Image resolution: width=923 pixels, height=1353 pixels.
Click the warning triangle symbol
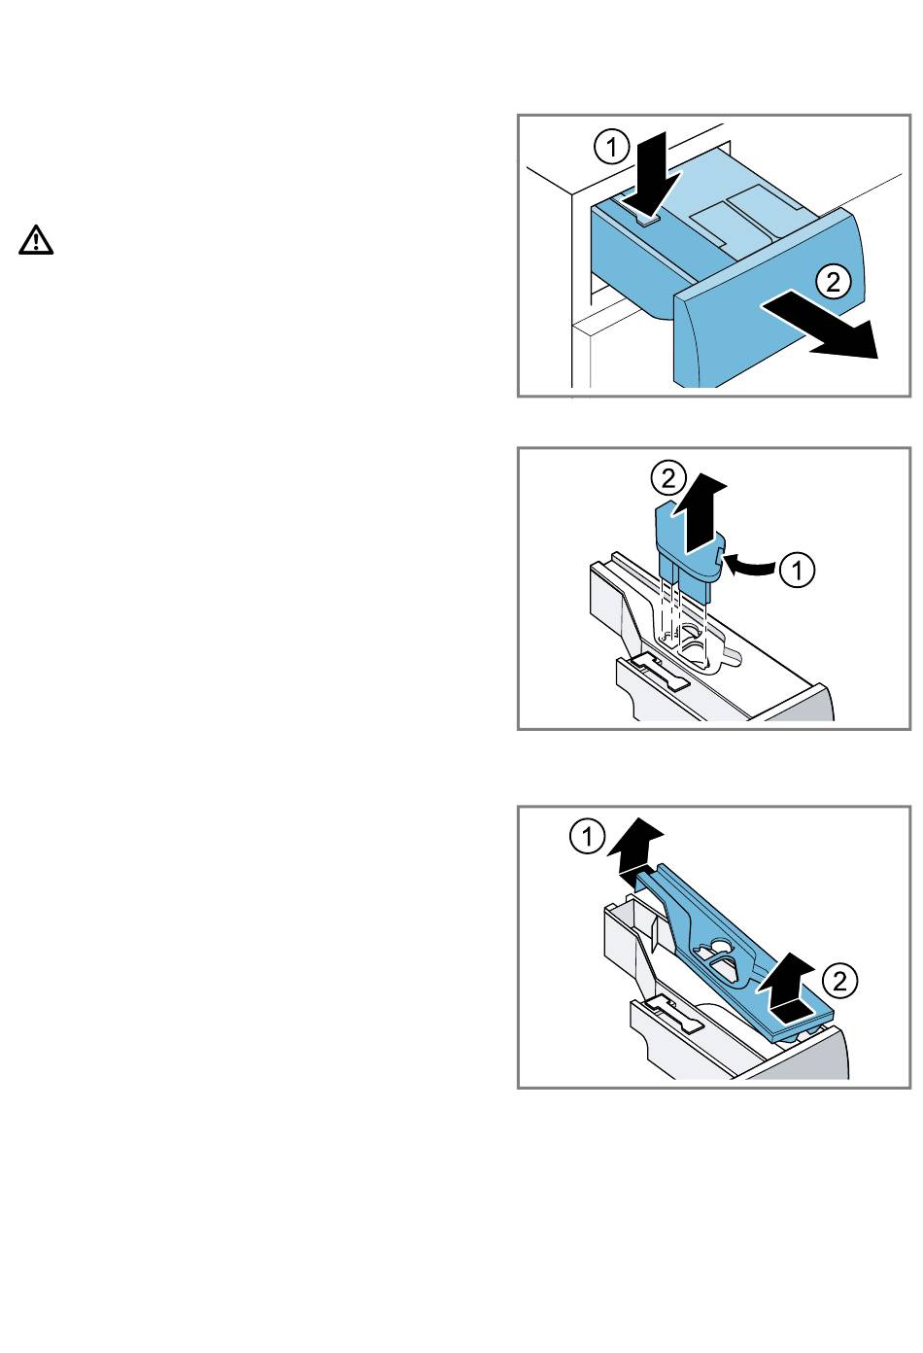[x=36, y=240]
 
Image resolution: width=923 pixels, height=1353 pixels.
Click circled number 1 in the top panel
[x=611, y=147]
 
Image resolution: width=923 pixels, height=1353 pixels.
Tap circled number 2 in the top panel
[x=833, y=282]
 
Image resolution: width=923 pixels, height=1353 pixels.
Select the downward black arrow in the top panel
[x=658, y=174]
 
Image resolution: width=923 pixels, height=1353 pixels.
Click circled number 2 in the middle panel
[x=668, y=479]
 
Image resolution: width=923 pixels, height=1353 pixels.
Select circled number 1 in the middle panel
[x=797, y=570]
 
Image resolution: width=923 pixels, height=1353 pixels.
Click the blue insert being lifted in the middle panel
[x=688, y=553]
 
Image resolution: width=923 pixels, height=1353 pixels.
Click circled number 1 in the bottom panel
[x=587, y=837]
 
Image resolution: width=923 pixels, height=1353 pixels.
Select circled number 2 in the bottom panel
[x=840, y=981]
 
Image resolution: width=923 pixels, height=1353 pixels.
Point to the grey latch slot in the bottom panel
[x=672, y=1014]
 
